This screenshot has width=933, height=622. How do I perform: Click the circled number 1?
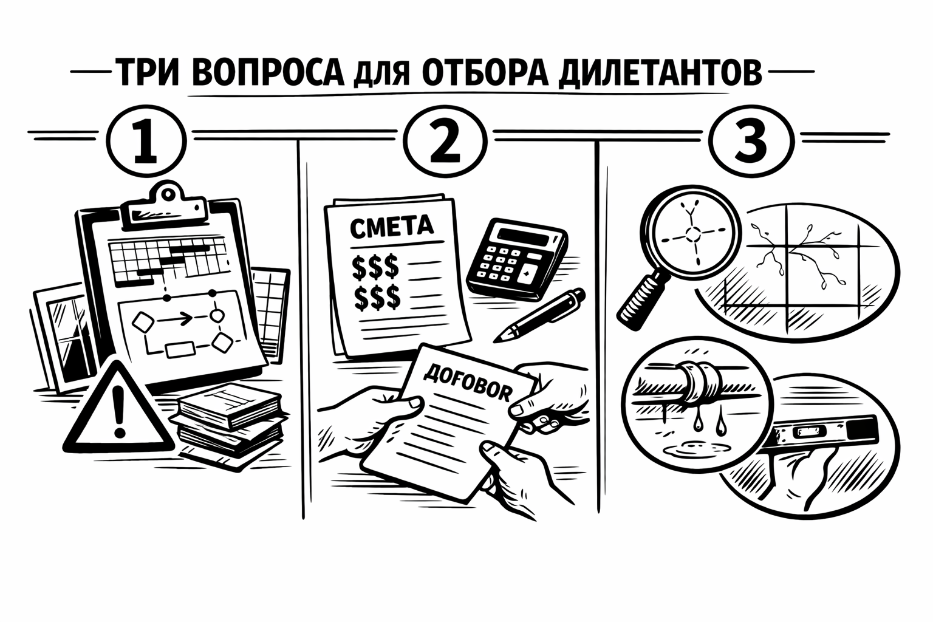click(146, 141)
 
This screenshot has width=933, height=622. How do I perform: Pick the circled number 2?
click(446, 141)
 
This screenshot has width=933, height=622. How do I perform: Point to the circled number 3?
click(751, 141)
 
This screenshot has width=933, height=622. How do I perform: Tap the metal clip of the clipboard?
click(164, 204)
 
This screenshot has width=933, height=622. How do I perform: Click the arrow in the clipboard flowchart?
click(174, 320)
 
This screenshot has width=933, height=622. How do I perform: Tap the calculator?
click(516, 258)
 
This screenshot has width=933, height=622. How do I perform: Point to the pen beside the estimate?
click(539, 315)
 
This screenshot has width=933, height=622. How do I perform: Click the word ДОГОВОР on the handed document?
click(467, 382)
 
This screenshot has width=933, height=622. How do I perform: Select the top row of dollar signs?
click(375, 267)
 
